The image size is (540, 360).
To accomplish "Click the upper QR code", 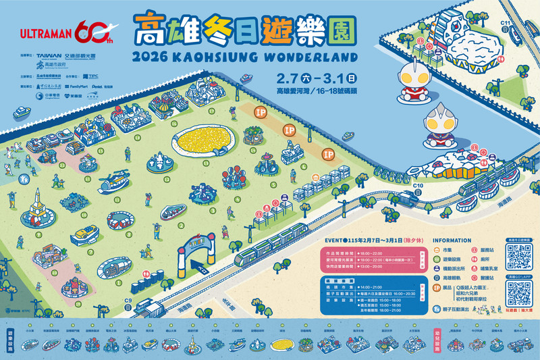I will tap(519, 257).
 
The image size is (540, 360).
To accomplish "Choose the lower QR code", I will tap(519, 292).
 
